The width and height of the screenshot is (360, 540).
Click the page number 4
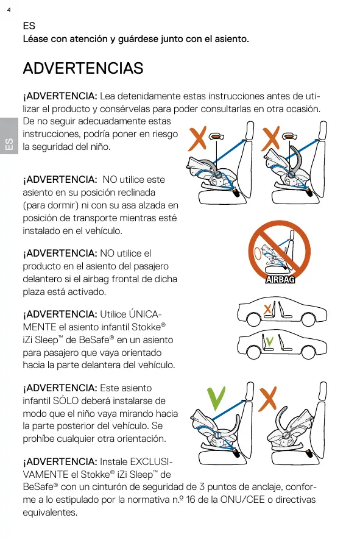[9, 10]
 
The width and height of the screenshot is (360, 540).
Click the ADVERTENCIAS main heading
[83, 68]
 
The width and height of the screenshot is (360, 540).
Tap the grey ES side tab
[9, 136]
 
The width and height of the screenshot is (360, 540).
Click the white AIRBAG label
[280, 280]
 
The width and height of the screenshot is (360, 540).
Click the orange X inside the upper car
[267, 309]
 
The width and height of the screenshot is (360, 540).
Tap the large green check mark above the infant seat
[216, 398]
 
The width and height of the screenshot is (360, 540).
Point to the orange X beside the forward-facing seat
[268, 399]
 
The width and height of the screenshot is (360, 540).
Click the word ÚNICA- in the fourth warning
[145, 314]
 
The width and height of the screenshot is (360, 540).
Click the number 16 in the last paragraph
[191, 499]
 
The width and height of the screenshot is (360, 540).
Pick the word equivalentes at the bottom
[50, 513]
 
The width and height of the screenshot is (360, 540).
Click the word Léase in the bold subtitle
[35, 39]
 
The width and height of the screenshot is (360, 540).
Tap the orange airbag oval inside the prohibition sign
[258, 254]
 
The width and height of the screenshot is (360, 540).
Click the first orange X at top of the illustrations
[197, 138]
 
